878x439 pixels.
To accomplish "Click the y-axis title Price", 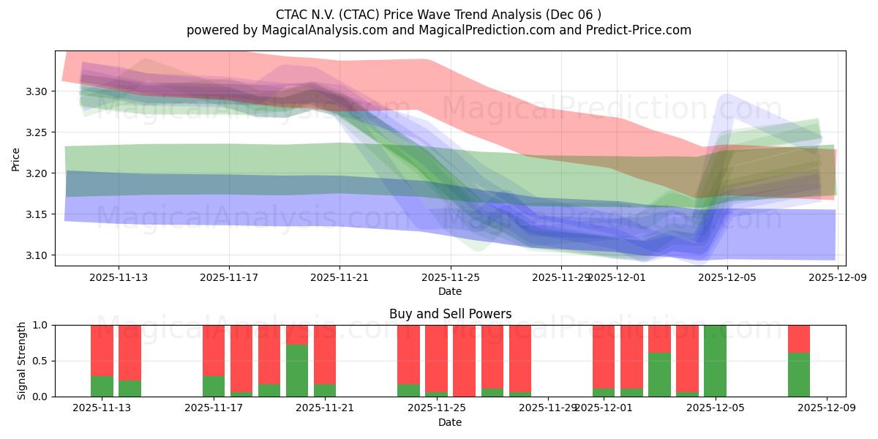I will click(15, 159).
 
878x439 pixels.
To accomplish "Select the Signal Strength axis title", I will click(22, 361).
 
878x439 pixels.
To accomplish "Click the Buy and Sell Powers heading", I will click(450, 314).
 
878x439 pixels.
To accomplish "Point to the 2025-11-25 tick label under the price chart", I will click(450, 277).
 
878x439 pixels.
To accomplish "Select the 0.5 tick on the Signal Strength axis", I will click(40, 361).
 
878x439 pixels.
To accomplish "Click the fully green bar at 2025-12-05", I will click(715, 361).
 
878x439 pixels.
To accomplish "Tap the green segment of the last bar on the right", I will click(799, 375).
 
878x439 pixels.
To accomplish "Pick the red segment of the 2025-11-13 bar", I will click(102, 350).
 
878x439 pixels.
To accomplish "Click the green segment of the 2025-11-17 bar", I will click(214, 386).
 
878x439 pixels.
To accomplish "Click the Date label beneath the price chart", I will click(450, 291).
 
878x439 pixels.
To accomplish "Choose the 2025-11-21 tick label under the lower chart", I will click(325, 408).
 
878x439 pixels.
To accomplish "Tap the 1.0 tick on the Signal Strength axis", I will click(40, 325).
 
